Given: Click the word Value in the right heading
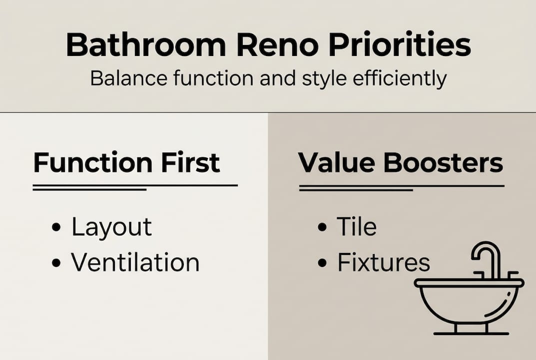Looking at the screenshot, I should coord(336,162).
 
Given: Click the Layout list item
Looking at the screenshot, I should coord(111,227).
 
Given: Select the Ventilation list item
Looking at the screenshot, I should coord(135,262).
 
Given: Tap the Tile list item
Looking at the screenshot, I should coord(356,227).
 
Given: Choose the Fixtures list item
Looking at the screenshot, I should coord(383,262).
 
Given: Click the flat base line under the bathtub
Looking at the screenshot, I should coord(471,333).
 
